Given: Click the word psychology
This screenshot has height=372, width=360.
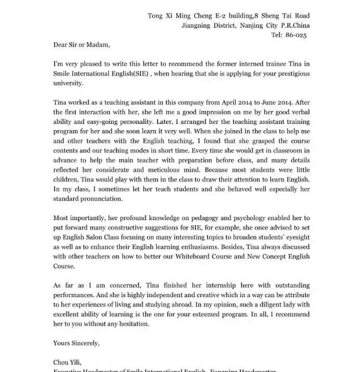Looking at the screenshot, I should [246, 217].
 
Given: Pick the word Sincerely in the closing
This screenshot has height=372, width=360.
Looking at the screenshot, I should [84, 343].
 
